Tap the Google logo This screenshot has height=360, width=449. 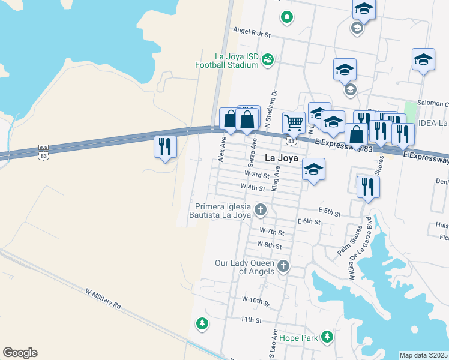pos(20,353)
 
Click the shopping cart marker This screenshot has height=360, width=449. pos(294,122)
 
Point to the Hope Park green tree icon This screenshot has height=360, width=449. pos(327,337)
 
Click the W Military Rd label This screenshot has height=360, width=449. pos(103,298)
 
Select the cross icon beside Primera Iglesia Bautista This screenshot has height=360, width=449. pos(260,209)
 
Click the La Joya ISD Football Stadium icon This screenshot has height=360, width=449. pos(268,58)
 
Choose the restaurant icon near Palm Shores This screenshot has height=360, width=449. pos(367,187)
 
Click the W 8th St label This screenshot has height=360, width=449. pos(269,245)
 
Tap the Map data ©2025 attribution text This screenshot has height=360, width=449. pos(424,355)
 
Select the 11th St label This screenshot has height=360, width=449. pos(252,320)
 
